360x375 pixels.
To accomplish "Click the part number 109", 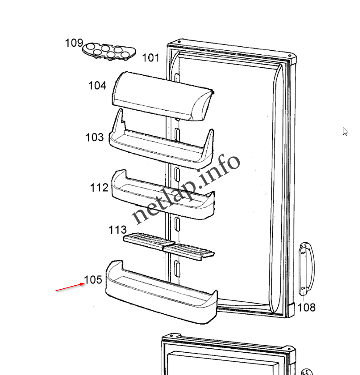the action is (x=74, y=43).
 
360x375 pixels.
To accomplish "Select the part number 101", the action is (x=150, y=58).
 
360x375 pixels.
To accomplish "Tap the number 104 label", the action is (x=97, y=86).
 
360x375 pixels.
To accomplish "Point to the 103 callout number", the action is (x=94, y=137).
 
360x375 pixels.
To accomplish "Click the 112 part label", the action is (x=99, y=188).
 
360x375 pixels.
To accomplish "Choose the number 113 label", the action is (x=118, y=230).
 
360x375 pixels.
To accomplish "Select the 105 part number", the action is (x=93, y=280).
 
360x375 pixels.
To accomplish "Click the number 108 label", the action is (x=307, y=308).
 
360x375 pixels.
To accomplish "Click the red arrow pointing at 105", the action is (x=70, y=287).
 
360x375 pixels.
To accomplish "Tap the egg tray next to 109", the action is (x=109, y=52).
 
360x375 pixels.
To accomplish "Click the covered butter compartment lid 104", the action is (x=163, y=96).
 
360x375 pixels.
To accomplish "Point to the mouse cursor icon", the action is (x=345, y=132).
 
